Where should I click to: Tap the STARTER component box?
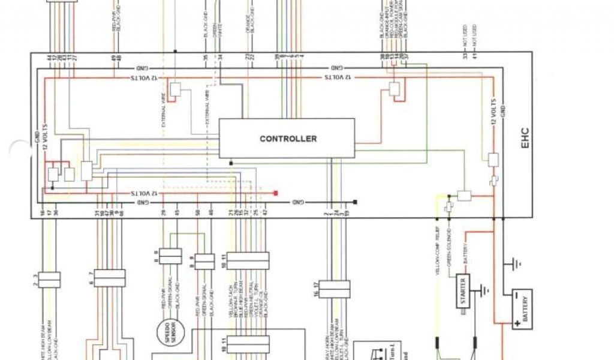pyautogui.click(x=463, y=292)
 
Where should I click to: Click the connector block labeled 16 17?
pyautogui.click(x=334, y=289)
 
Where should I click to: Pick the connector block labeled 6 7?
pyautogui.click(x=109, y=278)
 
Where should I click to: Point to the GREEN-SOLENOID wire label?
pyautogui.click(x=449, y=248)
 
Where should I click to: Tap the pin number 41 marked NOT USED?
pyautogui.click(x=474, y=56)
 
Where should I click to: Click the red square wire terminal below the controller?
pyautogui.click(x=276, y=193)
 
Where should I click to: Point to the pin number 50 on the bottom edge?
pyautogui.click(x=197, y=213)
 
